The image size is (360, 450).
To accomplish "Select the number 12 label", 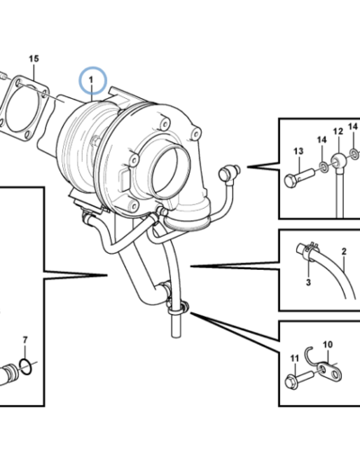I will (x=338, y=132).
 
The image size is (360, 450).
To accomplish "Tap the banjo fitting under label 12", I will (x=338, y=164).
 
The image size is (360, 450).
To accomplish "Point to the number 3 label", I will (x=306, y=283).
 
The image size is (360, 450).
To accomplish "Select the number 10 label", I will (x=328, y=344).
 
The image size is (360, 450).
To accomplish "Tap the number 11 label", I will (x=293, y=360).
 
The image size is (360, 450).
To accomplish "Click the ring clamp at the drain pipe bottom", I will (x=180, y=311).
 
